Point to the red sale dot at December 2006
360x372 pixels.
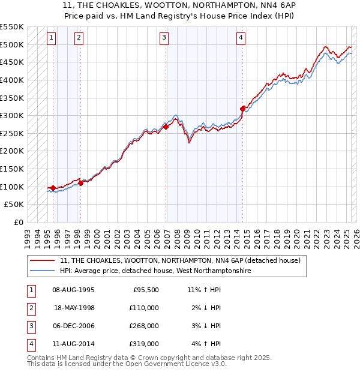pos(166,127)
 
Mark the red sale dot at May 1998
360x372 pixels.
pos(80,183)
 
